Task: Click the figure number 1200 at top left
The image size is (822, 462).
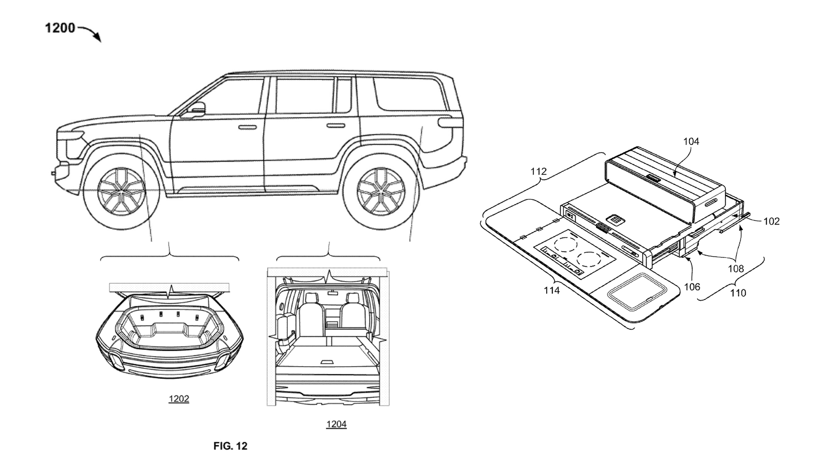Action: click(60, 29)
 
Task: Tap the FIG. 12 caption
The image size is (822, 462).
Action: click(230, 446)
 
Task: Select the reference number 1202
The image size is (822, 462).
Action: click(179, 399)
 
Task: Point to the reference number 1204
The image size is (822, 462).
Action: click(336, 424)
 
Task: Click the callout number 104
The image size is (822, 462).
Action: click(691, 141)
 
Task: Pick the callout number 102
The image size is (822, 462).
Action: click(771, 221)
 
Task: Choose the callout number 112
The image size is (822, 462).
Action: click(538, 172)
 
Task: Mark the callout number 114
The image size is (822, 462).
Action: click(551, 291)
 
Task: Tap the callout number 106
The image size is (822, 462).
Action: click(692, 287)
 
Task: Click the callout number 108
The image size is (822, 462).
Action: click(736, 269)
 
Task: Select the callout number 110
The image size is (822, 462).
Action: click(738, 293)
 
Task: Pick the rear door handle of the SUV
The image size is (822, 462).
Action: click(335, 126)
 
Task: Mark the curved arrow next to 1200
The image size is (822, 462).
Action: click(91, 33)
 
